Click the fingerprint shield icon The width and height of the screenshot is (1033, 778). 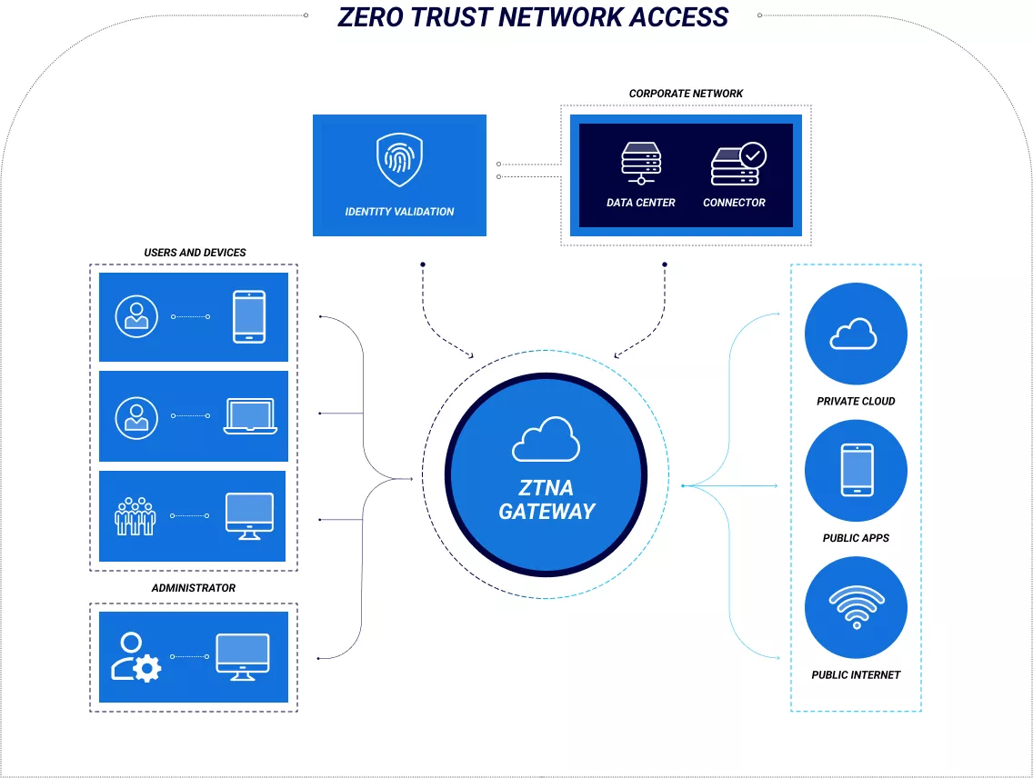pos(399,161)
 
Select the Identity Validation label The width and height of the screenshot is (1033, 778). pos(399,212)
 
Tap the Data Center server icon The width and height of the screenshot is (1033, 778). pos(641,164)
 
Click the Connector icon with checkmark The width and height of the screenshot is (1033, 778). pos(737,164)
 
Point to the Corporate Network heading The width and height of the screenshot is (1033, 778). pos(686,94)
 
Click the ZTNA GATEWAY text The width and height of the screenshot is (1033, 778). pos(547,499)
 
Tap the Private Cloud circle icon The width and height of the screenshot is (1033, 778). pos(855,334)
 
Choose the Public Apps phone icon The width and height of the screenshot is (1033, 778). pos(857,470)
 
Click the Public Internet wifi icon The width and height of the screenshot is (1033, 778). pos(856,606)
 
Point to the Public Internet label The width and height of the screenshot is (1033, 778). pos(856,675)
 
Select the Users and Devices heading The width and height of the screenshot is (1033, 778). pos(195,253)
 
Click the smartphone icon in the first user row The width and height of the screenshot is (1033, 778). pos(249,316)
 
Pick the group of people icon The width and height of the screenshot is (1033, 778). pos(135,515)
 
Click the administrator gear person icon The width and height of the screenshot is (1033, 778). pos(135,657)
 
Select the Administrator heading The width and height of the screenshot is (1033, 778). pos(193,588)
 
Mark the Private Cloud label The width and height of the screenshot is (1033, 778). pos(856,401)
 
